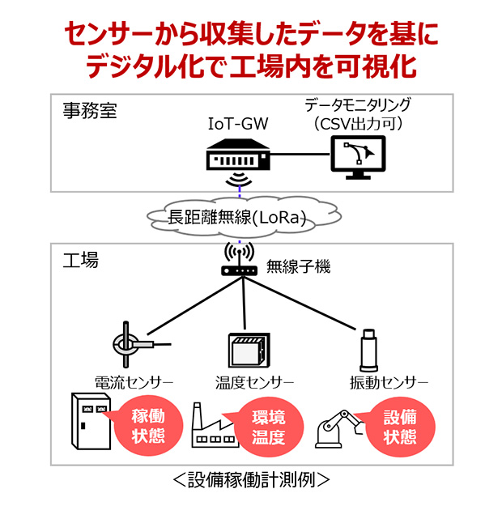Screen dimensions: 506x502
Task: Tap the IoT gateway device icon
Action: click(236, 154)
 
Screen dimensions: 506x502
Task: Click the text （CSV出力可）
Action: click(358, 123)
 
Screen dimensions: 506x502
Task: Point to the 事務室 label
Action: click(90, 111)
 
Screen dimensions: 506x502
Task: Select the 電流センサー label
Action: click(134, 381)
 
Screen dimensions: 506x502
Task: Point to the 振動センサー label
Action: click(377, 381)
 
